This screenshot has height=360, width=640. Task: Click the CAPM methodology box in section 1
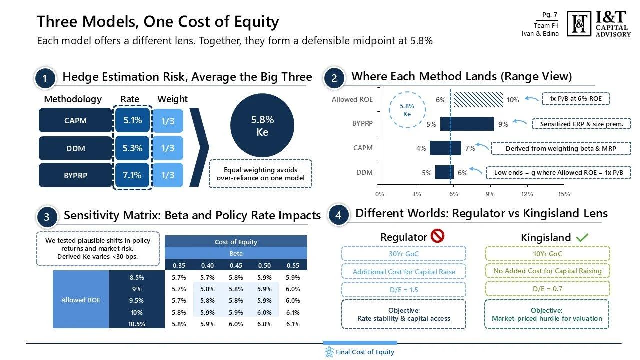(x=75, y=120)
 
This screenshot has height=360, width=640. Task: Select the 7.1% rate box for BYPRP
(x=132, y=175)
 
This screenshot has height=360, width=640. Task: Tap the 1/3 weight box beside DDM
(x=168, y=148)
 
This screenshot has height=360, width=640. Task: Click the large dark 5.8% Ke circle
(x=262, y=126)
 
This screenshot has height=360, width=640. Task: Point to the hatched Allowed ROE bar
(x=478, y=99)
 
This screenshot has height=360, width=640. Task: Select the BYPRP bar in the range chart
(x=467, y=124)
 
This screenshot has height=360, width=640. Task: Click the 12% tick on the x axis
(x=527, y=194)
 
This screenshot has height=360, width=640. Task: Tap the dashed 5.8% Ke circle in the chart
(x=407, y=110)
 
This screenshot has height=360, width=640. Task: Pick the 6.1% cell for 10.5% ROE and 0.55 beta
(x=293, y=324)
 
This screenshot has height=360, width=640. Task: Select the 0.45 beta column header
(x=236, y=265)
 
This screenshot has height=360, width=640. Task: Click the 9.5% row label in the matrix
(x=136, y=301)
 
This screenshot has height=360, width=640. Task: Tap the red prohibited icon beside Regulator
(x=437, y=236)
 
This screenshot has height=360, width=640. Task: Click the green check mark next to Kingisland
(x=582, y=238)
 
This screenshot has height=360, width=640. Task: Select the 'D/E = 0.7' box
(x=547, y=289)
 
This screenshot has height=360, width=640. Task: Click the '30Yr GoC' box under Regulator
(x=404, y=254)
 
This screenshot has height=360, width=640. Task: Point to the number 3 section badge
(x=46, y=217)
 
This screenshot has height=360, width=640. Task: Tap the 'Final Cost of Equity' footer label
(x=365, y=352)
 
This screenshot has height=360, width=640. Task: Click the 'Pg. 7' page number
(x=550, y=15)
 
